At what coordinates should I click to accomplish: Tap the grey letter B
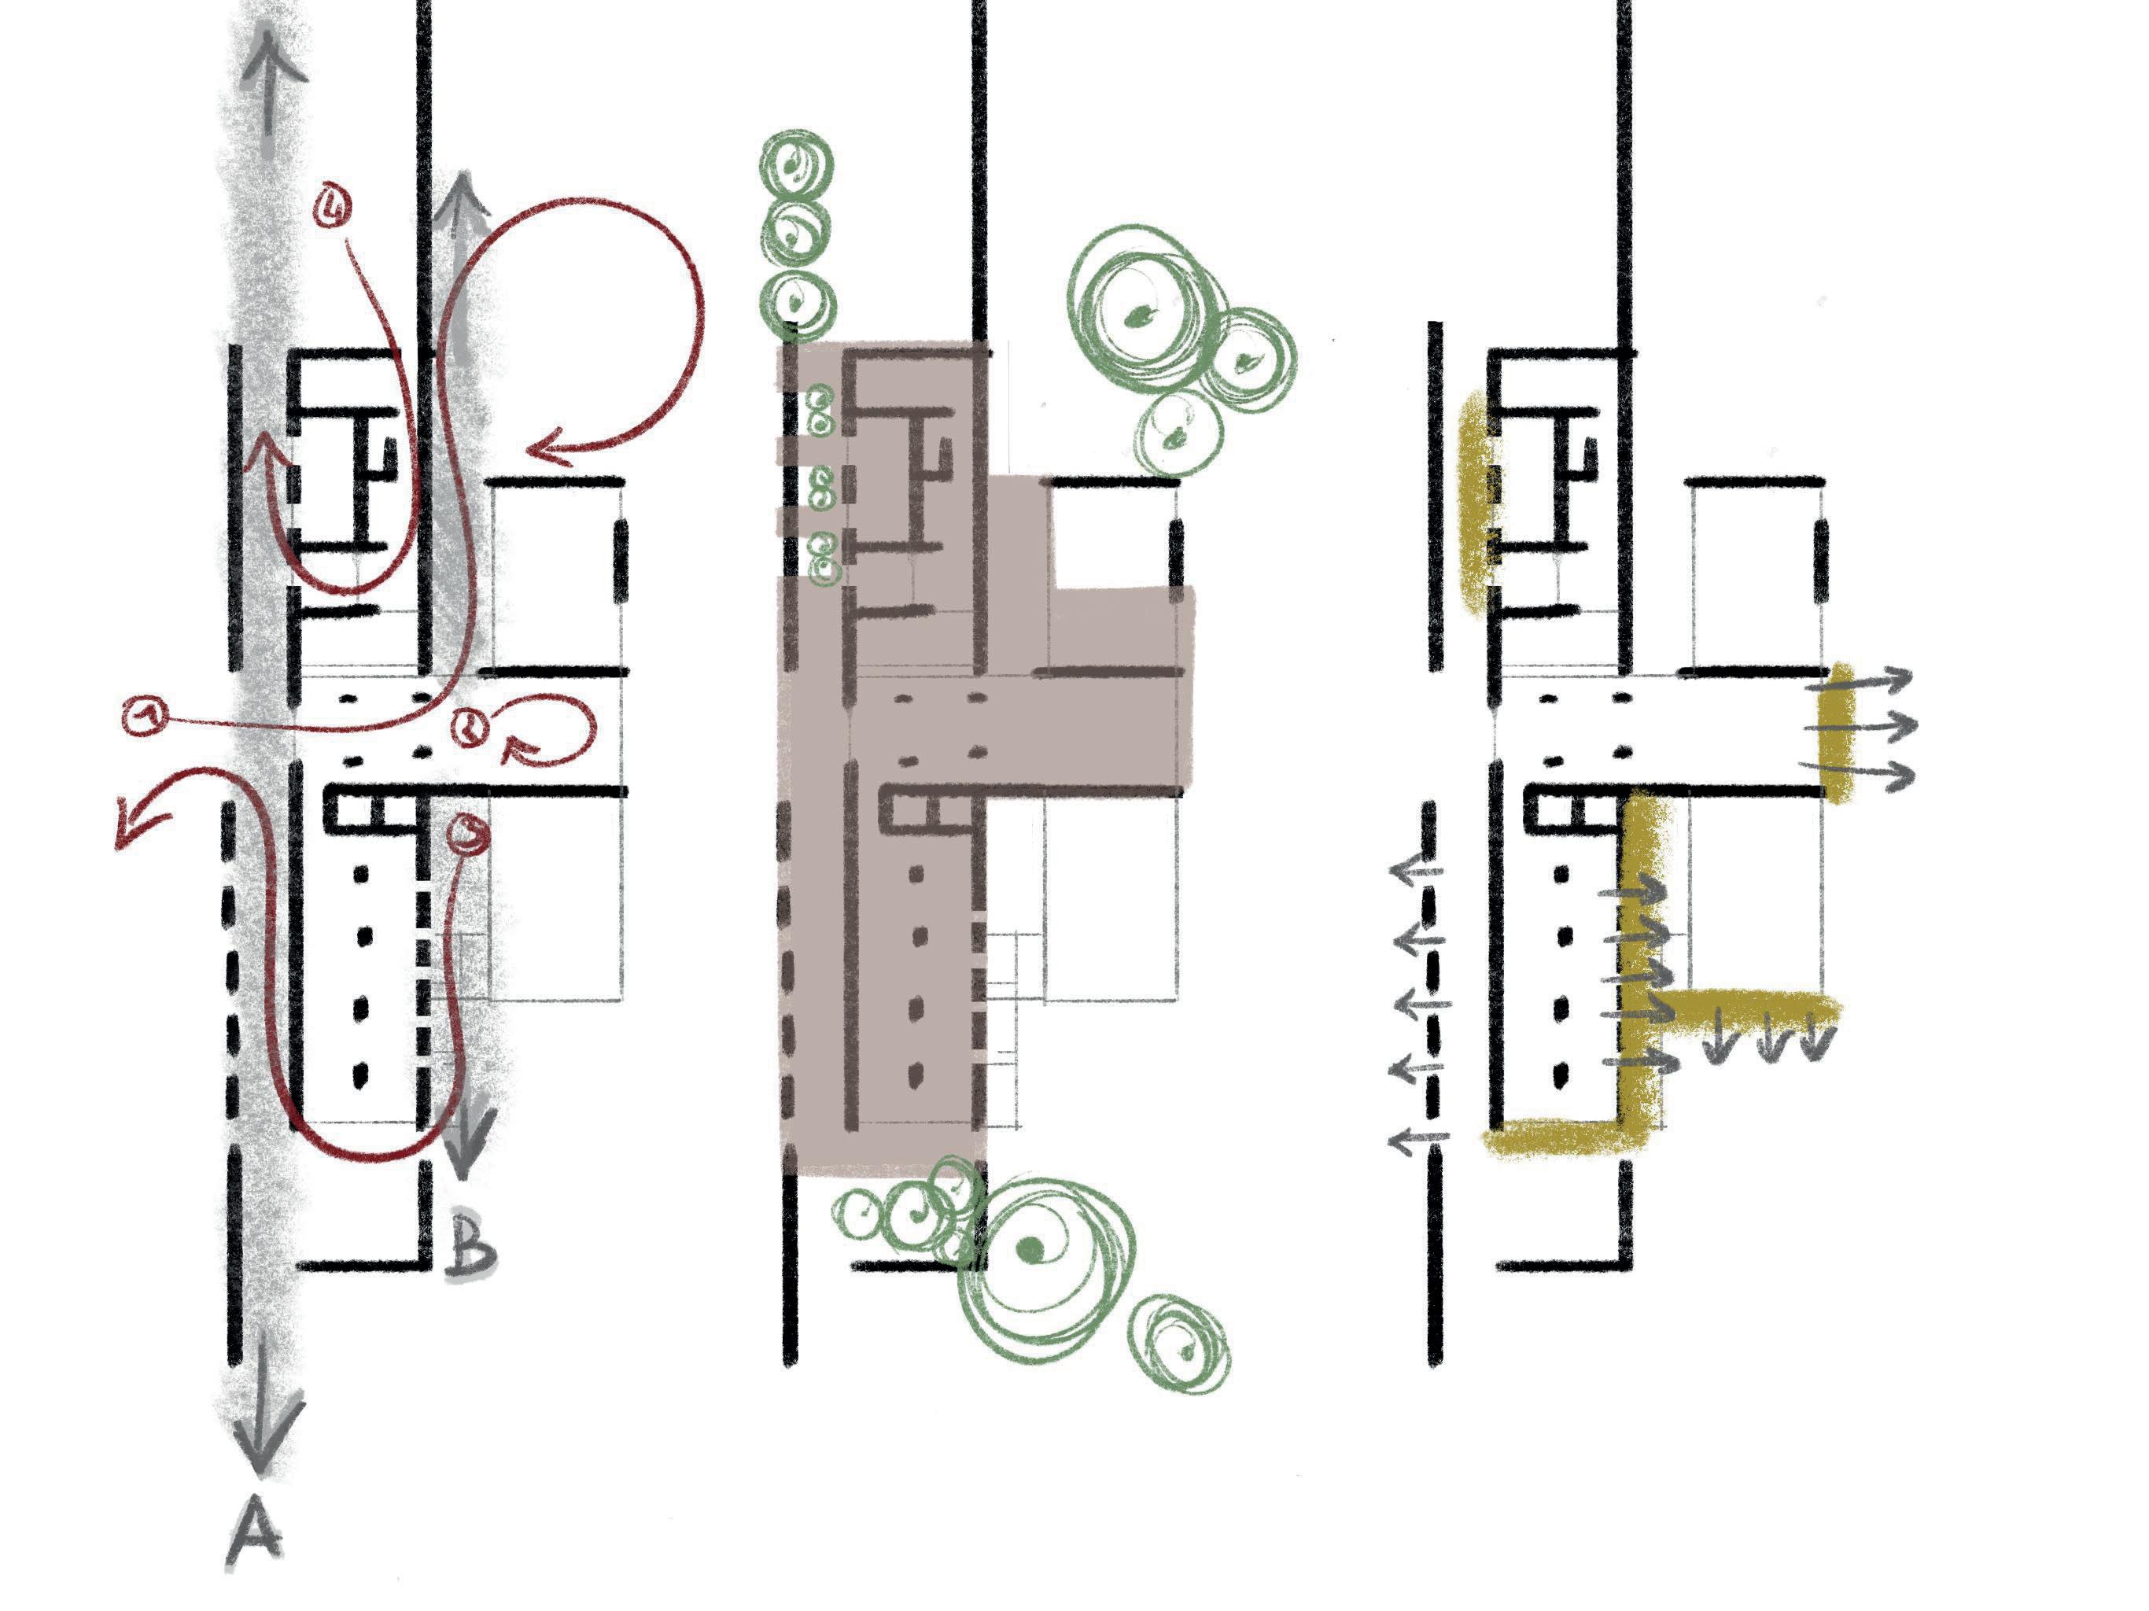coord(470,1247)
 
